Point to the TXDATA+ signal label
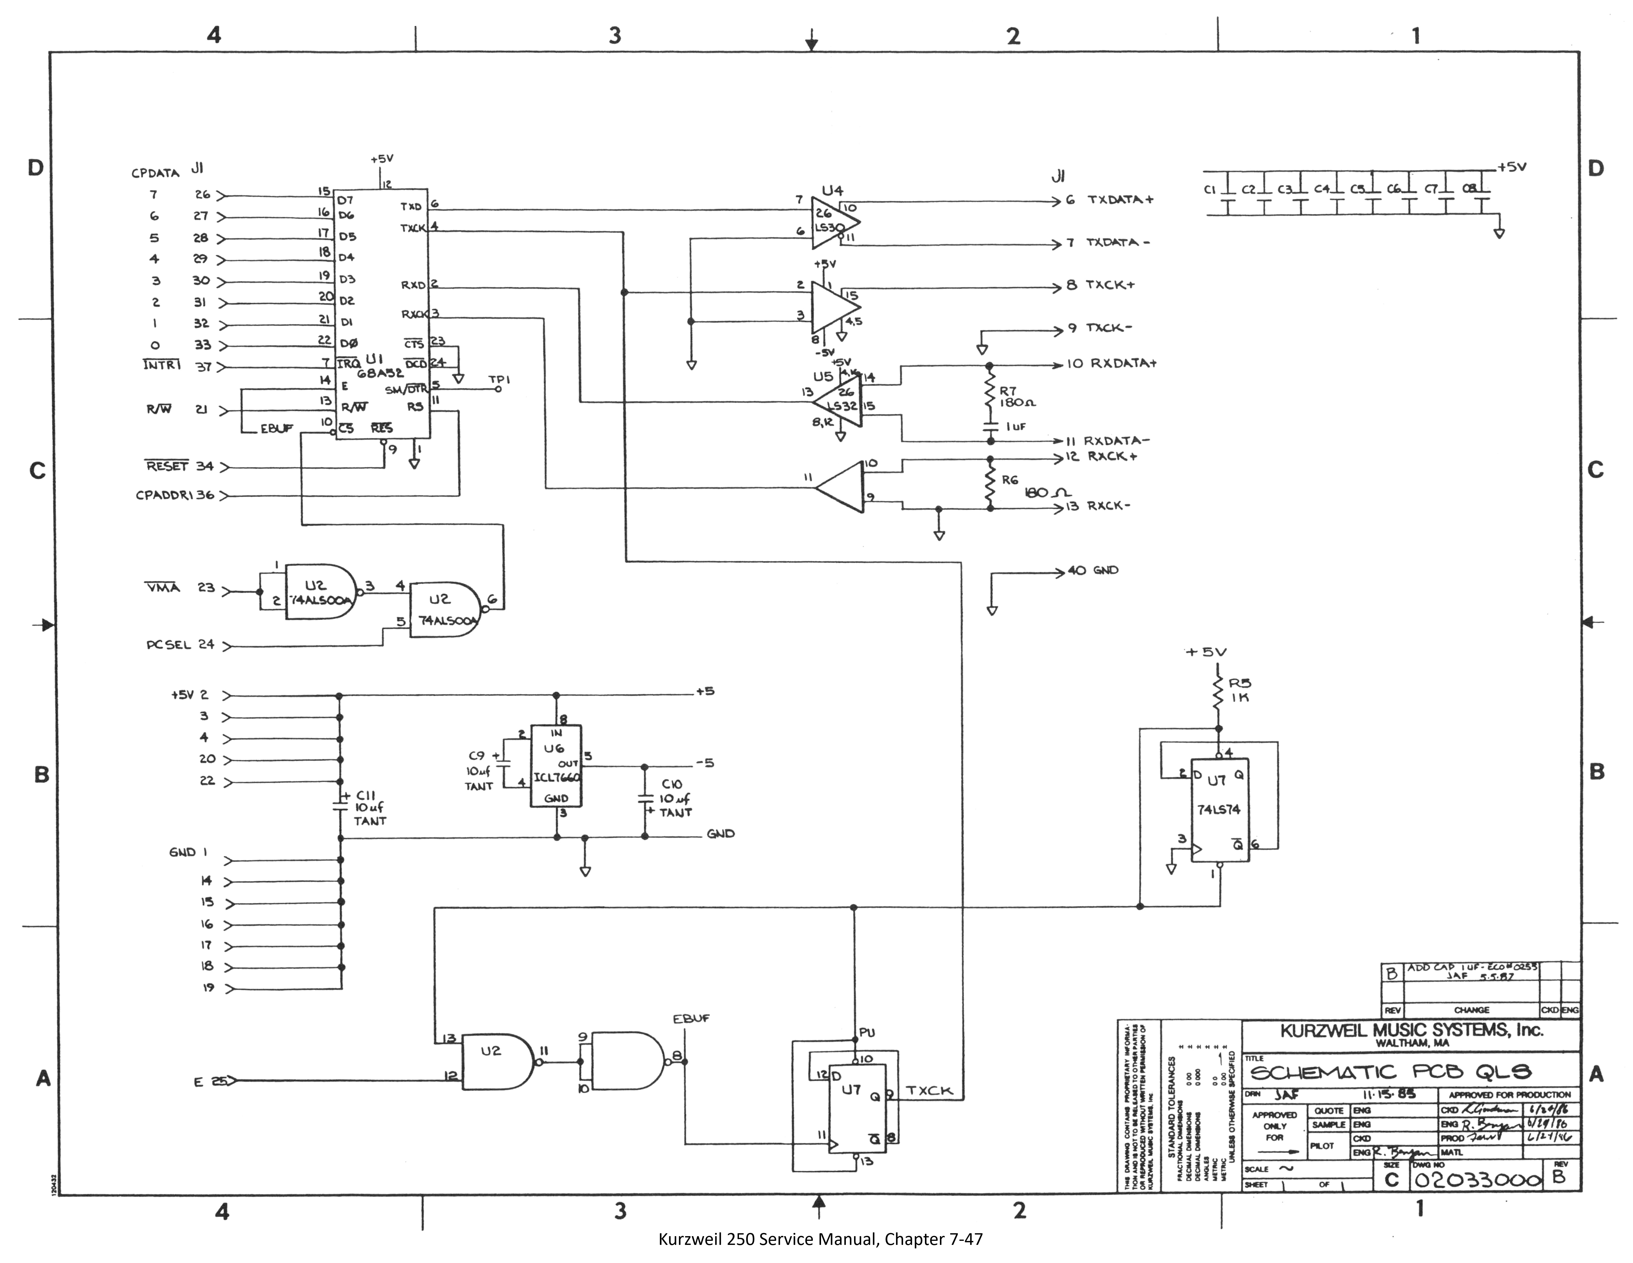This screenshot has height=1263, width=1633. point(1120,200)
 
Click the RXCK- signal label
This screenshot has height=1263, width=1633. point(1109,506)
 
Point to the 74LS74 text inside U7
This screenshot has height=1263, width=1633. point(1218,809)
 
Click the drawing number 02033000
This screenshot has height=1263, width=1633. point(1477,1180)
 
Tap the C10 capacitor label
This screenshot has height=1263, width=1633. point(671,784)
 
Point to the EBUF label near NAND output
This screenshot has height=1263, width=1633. point(691,1019)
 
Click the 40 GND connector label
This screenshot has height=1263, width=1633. point(1093,570)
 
